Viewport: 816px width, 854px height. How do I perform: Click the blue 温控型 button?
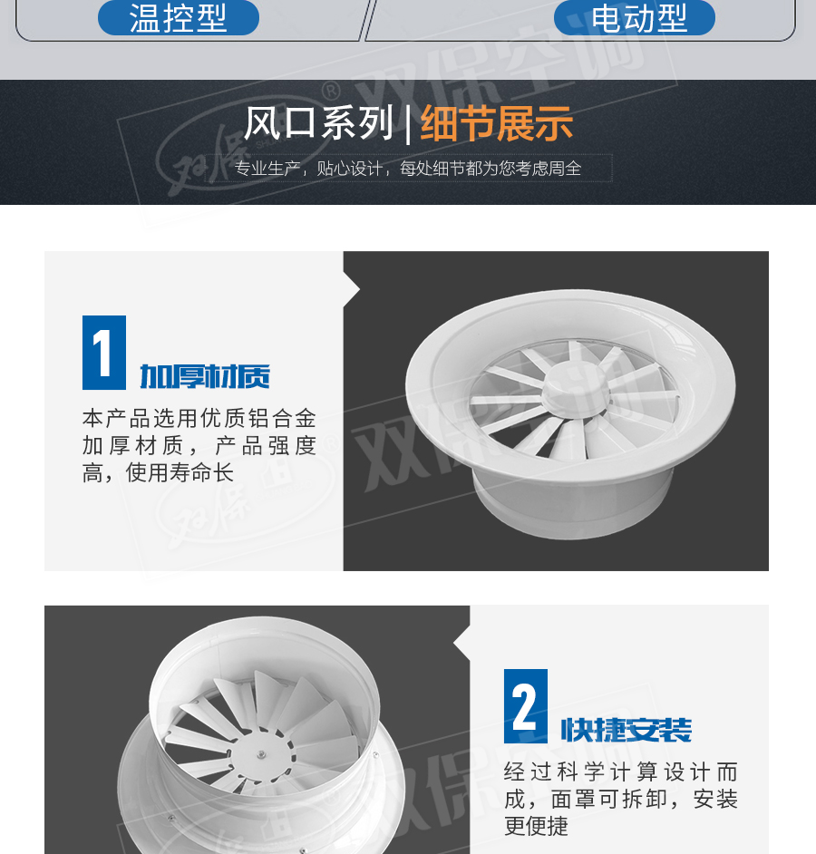click(178, 17)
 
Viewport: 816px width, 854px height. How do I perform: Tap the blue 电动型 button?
click(634, 17)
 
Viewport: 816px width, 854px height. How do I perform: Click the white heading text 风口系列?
click(318, 122)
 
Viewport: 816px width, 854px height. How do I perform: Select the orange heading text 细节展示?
click(496, 123)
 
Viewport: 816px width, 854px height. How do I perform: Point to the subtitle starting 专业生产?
click(407, 169)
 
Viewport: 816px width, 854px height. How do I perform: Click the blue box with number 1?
click(104, 353)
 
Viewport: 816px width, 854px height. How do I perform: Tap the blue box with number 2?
click(526, 706)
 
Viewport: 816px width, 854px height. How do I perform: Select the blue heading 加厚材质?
click(205, 376)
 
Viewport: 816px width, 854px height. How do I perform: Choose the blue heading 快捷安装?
click(627, 730)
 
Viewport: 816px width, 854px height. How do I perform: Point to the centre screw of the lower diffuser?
click(262, 754)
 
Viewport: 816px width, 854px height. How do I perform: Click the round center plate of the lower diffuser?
click(262, 754)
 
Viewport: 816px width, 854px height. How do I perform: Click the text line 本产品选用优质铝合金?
click(199, 418)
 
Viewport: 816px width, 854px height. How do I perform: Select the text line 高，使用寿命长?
click(158, 472)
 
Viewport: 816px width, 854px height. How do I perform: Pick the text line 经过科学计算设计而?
click(621, 772)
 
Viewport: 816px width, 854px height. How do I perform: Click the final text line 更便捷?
click(536, 826)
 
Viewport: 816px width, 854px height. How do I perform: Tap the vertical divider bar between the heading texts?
click(407, 124)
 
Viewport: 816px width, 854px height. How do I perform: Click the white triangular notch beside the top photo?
click(352, 288)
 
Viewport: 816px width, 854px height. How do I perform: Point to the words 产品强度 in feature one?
click(266, 445)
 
